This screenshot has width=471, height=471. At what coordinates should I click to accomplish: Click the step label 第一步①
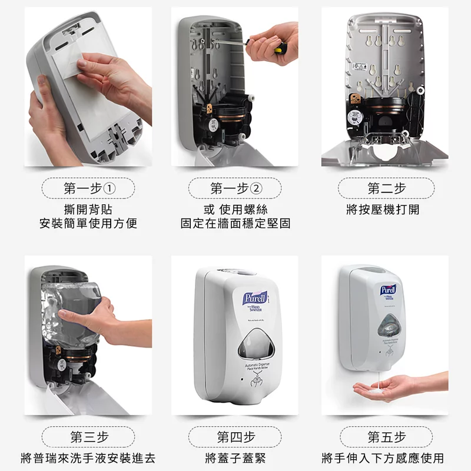88,188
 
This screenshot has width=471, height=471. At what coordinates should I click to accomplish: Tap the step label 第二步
386,188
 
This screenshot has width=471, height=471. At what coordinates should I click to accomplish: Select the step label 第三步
88,437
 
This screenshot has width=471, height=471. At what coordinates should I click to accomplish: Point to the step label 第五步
386,437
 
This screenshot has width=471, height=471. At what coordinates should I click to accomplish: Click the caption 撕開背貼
88,209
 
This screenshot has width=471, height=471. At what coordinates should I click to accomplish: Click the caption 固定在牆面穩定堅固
235,224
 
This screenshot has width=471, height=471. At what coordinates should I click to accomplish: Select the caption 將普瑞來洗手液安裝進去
88,458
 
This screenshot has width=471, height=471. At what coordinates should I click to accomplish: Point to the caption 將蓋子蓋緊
235,458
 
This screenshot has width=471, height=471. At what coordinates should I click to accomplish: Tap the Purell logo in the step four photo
255,298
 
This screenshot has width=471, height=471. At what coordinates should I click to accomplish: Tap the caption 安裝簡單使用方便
88,224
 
